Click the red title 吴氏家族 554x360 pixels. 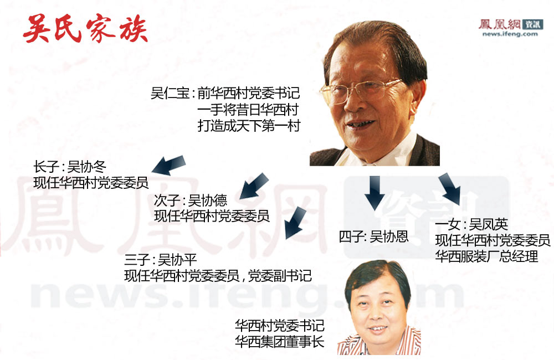click(x=85, y=29)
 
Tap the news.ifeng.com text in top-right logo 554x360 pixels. click(x=510, y=34)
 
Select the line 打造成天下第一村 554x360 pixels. click(x=249, y=126)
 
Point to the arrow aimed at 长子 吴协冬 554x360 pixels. click(x=169, y=165)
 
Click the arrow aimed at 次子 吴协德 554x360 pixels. click(x=254, y=186)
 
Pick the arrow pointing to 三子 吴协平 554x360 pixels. click(x=295, y=223)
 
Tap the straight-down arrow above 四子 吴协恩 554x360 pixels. click(x=375, y=192)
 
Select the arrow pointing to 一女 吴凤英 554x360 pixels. click(x=450, y=189)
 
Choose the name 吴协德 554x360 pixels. click(x=207, y=200)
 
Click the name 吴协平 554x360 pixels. click(x=177, y=260)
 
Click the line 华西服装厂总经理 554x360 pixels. click(x=486, y=256)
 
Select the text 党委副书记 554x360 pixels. click(x=280, y=276)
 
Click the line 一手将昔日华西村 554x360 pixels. click(x=248, y=110)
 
